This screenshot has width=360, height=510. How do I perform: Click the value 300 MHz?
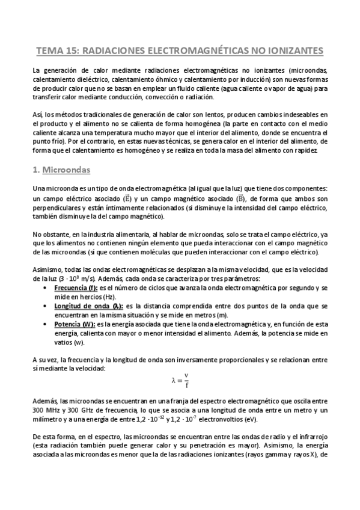(47, 410)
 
